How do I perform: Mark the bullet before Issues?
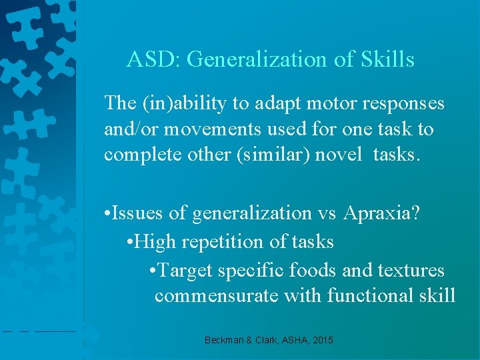tap(107, 213)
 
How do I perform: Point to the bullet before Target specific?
tap(153, 270)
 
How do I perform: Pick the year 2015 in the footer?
tap(321, 341)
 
